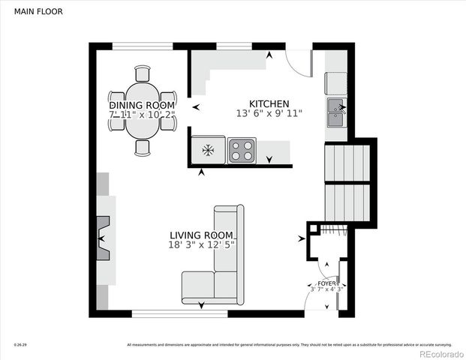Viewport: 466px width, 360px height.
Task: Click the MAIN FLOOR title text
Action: coord(35,12)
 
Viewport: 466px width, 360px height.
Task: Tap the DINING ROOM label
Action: coord(143,105)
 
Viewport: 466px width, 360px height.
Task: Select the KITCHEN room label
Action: coord(269,103)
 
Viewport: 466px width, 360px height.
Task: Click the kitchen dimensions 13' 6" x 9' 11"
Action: coord(269,114)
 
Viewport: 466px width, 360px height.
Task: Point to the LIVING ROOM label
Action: coord(201,235)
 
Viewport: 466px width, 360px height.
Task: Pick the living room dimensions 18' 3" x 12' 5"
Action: coord(202,244)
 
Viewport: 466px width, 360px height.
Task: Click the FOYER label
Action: coord(326,283)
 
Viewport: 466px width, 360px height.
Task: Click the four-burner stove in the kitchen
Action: coord(242,150)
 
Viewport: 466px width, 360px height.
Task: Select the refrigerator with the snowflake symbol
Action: coord(208,150)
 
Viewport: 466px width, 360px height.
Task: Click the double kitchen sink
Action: coord(335,113)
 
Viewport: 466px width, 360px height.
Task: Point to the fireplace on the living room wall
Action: coord(103,238)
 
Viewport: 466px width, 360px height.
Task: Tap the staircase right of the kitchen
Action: coord(347,183)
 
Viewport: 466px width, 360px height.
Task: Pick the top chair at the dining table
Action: coord(143,73)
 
